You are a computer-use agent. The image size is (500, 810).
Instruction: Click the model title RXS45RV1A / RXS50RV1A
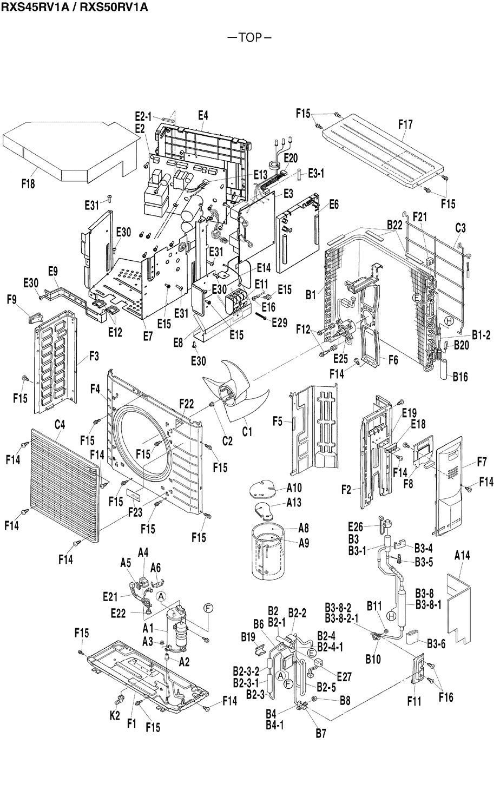[74, 7]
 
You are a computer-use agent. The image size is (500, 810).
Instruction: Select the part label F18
[28, 184]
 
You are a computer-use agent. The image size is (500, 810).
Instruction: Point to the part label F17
[405, 124]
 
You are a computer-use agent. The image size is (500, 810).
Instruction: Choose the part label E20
[290, 158]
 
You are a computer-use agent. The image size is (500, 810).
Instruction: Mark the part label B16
[460, 376]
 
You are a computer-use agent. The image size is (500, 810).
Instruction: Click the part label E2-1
[144, 115]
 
